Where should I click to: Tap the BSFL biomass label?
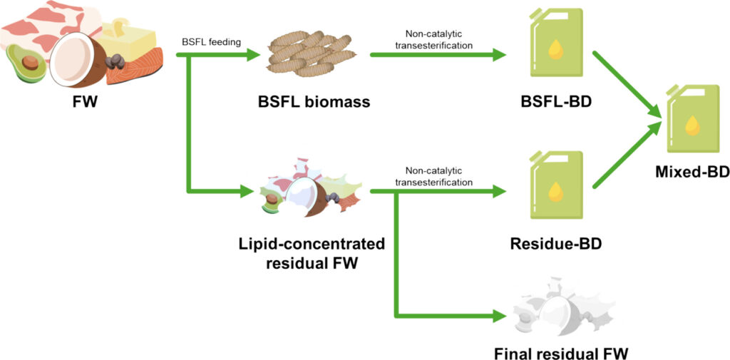314,101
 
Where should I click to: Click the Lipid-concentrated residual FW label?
312,252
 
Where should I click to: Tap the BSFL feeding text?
211,42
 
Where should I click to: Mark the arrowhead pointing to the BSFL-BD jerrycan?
499,54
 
